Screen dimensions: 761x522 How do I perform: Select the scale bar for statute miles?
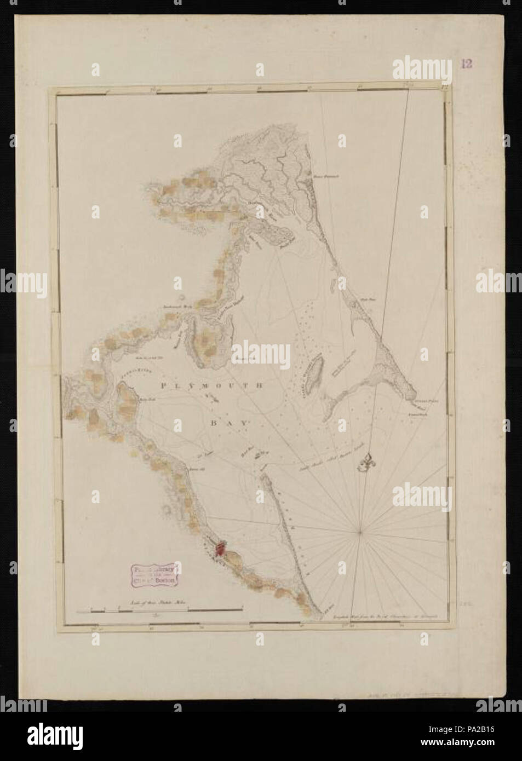click(159, 609)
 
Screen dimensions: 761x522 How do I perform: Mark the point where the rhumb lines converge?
click(360, 531)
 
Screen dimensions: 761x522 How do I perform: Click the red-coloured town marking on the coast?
click(221, 548)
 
